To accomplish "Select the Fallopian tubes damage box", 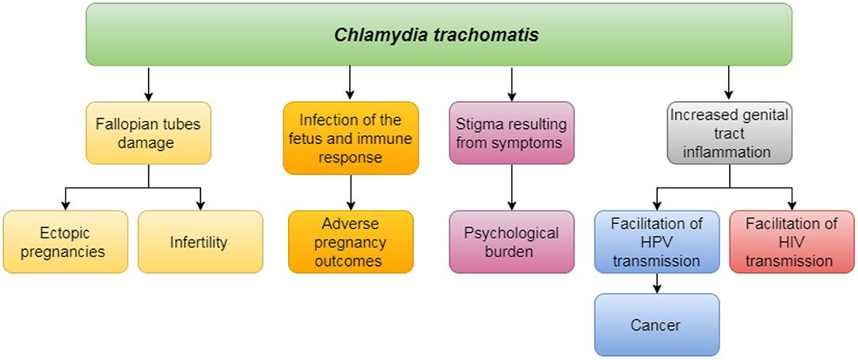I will click(x=148, y=133).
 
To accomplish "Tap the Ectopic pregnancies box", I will click(x=65, y=242).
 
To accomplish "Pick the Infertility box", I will click(x=199, y=242).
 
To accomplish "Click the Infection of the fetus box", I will click(x=351, y=138).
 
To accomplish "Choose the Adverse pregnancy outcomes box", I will click(x=351, y=242).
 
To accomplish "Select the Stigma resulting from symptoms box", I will click(x=511, y=133).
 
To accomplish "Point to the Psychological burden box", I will click(x=511, y=242).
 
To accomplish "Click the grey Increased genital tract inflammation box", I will click(x=729, y=133).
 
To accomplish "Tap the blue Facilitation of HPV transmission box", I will click(x=657, y=242).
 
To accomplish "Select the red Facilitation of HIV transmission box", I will click(x=792, y=242).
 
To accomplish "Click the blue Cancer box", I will click(x=657, y=325).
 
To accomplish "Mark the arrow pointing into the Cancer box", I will click(x=657, y=284).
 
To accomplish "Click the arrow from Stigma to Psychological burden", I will click(x=511, y=188).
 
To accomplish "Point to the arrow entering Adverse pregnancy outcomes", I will click(x=351, y=192).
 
